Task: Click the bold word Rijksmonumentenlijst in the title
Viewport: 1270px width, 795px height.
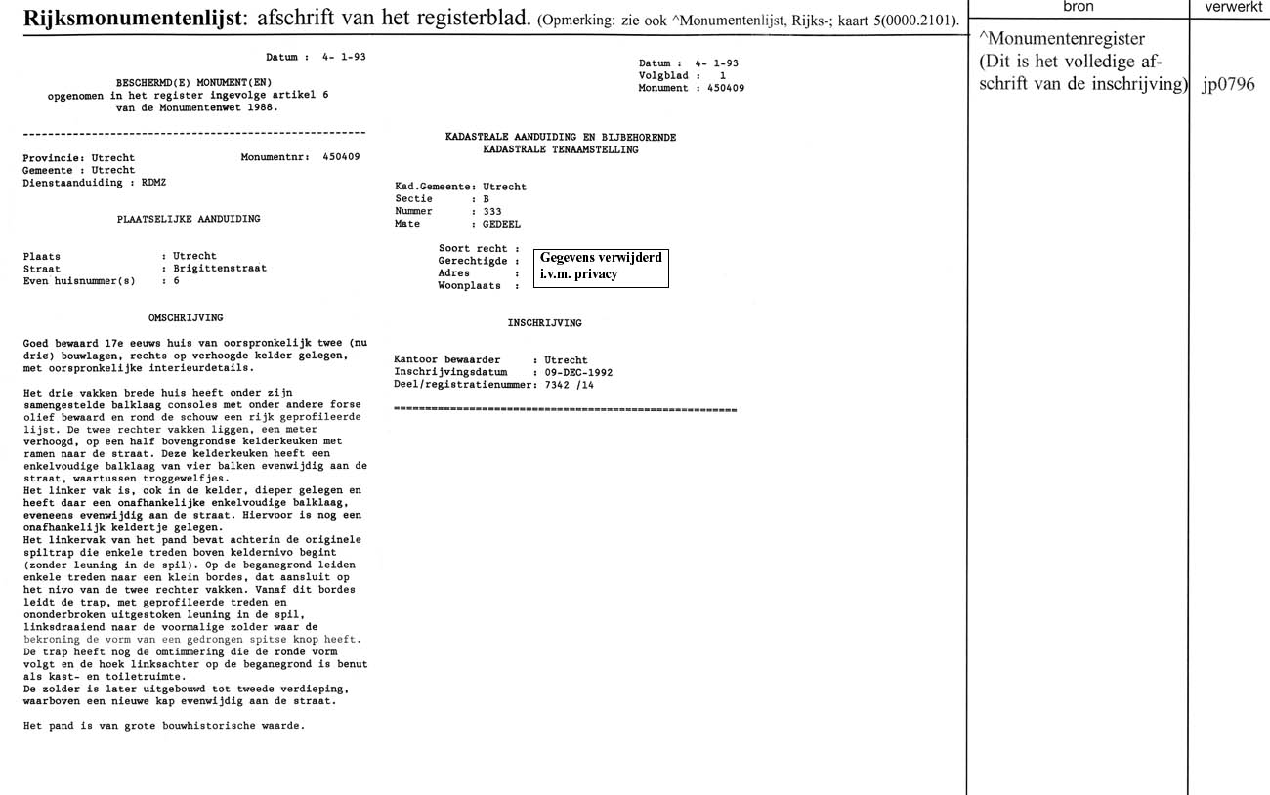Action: (131, 20)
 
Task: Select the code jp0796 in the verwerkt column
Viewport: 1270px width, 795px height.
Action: (1228, 84)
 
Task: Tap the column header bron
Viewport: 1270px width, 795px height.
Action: (1078, 7)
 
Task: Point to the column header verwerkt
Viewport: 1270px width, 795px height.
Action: (1228, 7)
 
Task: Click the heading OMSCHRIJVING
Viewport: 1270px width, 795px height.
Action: (186, 317)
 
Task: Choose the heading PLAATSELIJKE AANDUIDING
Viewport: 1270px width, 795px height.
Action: (189, 219)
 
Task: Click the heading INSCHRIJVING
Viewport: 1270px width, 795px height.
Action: (545, 322)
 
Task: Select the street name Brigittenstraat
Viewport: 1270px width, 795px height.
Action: (220, 269)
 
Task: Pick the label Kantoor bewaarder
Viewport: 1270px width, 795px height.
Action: (446, 360)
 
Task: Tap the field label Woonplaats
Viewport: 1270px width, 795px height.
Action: (470, 286)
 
